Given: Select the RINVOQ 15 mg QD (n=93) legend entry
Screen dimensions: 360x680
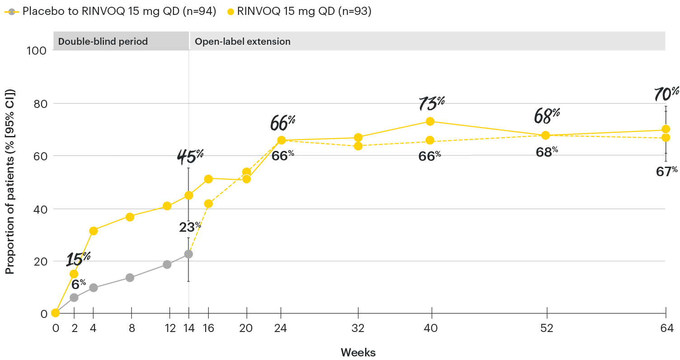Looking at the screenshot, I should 298,12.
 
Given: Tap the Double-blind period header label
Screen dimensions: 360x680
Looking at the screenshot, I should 103,42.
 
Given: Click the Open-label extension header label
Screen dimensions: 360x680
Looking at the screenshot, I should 242,42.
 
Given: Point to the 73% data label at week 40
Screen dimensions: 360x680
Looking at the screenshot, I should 431,103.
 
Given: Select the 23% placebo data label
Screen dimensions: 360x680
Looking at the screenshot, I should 189,227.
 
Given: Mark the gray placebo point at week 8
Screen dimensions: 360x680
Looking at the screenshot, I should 130,277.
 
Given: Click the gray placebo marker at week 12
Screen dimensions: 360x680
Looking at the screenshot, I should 167,264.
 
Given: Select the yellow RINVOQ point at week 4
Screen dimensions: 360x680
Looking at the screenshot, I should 94,231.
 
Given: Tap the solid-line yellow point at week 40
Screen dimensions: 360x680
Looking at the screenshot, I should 430,122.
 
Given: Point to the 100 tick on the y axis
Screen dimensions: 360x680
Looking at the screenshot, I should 38,51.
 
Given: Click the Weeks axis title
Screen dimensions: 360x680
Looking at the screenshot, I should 358,352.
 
